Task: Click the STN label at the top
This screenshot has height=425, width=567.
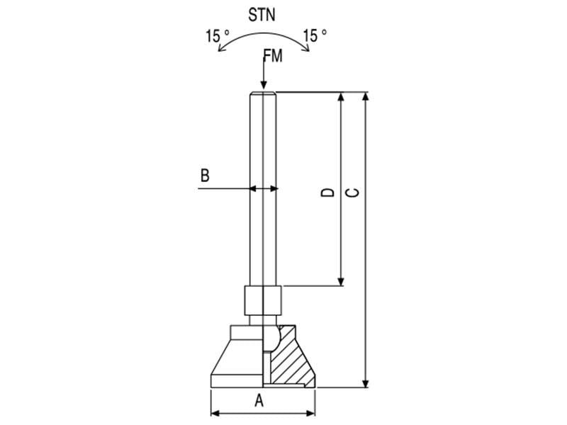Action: pyautogui.click(x=262, y=14)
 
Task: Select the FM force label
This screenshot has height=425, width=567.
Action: pyautogui.click(x=272, y=57)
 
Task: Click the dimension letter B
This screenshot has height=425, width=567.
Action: pyautogui.click(x=205, y=176)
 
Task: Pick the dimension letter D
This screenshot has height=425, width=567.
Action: pyautogui.click(x=327, y=192)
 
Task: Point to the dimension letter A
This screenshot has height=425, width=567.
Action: pyautogui.click(x=259, y=401)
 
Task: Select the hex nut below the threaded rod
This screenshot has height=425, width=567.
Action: pyautogui.click(x=262, y=300)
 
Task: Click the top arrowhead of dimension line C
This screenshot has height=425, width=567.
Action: pyautogui.click(x=366, y=96)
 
